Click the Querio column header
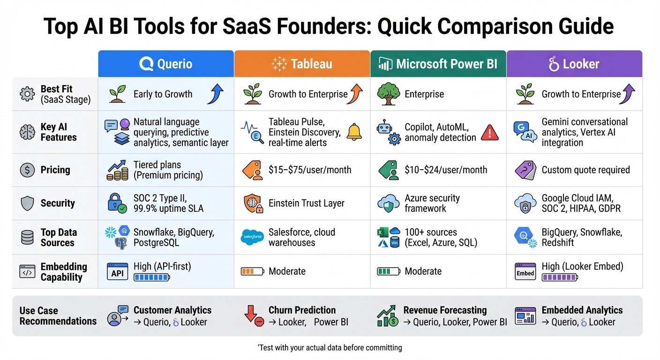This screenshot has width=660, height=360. pyautogui.click(x=166, y=64)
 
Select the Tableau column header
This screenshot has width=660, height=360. pyautogui.click(x=302, y=64)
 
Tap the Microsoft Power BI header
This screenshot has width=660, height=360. pyautogui.click(x=438, y=64)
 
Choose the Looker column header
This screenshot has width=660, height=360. pyautogui.click(x=574, y=64)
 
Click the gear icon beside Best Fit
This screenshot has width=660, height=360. pyautogui.click(x=27, y=94)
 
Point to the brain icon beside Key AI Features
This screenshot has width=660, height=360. pyautogui.click(x=27, y=132)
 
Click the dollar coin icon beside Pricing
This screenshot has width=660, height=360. pyautogui.click(x=27, y=170)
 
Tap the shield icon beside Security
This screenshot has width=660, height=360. pyautogui.click(x=27, y=203)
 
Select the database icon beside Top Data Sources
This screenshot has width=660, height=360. pyautogui.click(x=27, y=238)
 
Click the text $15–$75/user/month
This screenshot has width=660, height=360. pyautogui.click(x=310, y=170)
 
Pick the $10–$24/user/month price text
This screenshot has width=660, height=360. pyautogui.click(x=446, y=170)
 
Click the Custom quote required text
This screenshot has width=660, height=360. pyautogui.click(x=585, y=170)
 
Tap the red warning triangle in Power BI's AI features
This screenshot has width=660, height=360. pyautogui.click(x=489, y=132)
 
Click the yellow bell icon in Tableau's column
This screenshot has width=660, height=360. pyautogui.click(x=354, y=132)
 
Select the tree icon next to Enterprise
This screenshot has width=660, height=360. pyautogui.click(x=388, y=94)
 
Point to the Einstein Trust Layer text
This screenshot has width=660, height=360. pyautogui.click(x=306, y=203)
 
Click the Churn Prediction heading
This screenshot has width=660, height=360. pyautogui.click(x=302, y=310)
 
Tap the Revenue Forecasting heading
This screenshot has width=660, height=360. pyautogui.click(x=445, y=310)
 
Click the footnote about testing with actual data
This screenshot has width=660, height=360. pyautogui.click(x=330, y=348)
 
